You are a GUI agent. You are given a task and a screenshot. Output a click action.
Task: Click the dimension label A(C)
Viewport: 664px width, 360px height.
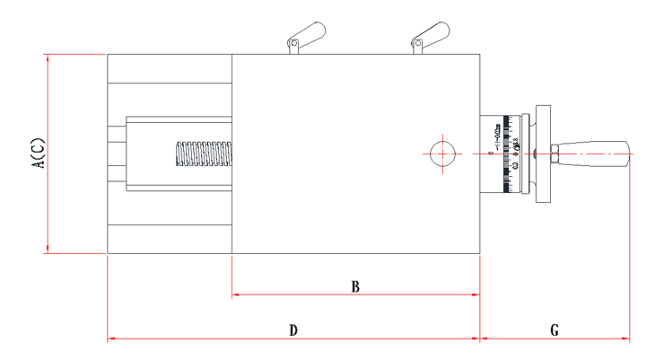click(37, 154)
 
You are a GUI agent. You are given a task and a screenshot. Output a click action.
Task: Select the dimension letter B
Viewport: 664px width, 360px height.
click(355, 287)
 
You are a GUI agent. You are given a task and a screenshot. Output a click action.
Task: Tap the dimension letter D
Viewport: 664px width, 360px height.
click(293, 331)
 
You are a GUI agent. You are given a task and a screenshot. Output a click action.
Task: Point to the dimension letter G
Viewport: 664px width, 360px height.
click(555, 331)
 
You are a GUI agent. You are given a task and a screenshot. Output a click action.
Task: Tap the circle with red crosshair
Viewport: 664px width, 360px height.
click(441, 154)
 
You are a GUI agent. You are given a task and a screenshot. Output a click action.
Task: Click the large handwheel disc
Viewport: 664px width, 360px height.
click(543, 154)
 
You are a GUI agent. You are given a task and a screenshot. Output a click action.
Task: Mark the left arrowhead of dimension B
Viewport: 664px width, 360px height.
click(235, 294)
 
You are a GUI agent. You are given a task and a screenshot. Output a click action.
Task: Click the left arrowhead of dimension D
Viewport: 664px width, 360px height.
click(110, 339)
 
